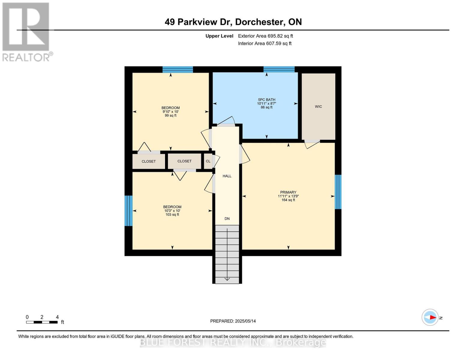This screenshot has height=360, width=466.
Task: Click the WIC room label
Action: [318, 106]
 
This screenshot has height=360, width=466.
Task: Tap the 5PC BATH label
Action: [266, 100]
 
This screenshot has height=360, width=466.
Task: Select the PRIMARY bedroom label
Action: [288, 192]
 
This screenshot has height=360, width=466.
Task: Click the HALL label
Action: [227, 176]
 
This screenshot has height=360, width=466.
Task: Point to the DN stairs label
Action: [227, 219]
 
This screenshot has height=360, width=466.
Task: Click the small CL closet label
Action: [208, 161]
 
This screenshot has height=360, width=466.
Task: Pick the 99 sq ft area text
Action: [170, 115]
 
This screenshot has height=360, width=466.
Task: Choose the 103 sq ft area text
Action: [172, 214]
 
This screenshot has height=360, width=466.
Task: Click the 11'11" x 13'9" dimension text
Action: [288, 196]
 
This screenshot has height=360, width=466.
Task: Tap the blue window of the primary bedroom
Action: [338, 192]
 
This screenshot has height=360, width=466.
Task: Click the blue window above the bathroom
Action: [279, 69]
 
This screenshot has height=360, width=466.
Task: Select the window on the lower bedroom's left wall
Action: [128, 211]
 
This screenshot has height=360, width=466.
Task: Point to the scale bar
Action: [42, 322]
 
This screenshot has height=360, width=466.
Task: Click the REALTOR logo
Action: [26, 31]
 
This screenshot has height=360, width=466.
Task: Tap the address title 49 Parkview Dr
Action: [233, 22]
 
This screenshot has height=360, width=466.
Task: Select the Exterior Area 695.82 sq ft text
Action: [265, 36]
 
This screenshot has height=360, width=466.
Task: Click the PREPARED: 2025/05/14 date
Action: [233, 321]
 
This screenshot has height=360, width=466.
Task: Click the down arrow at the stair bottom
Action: [227, 279]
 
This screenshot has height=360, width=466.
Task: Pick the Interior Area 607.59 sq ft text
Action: [265, 43]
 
